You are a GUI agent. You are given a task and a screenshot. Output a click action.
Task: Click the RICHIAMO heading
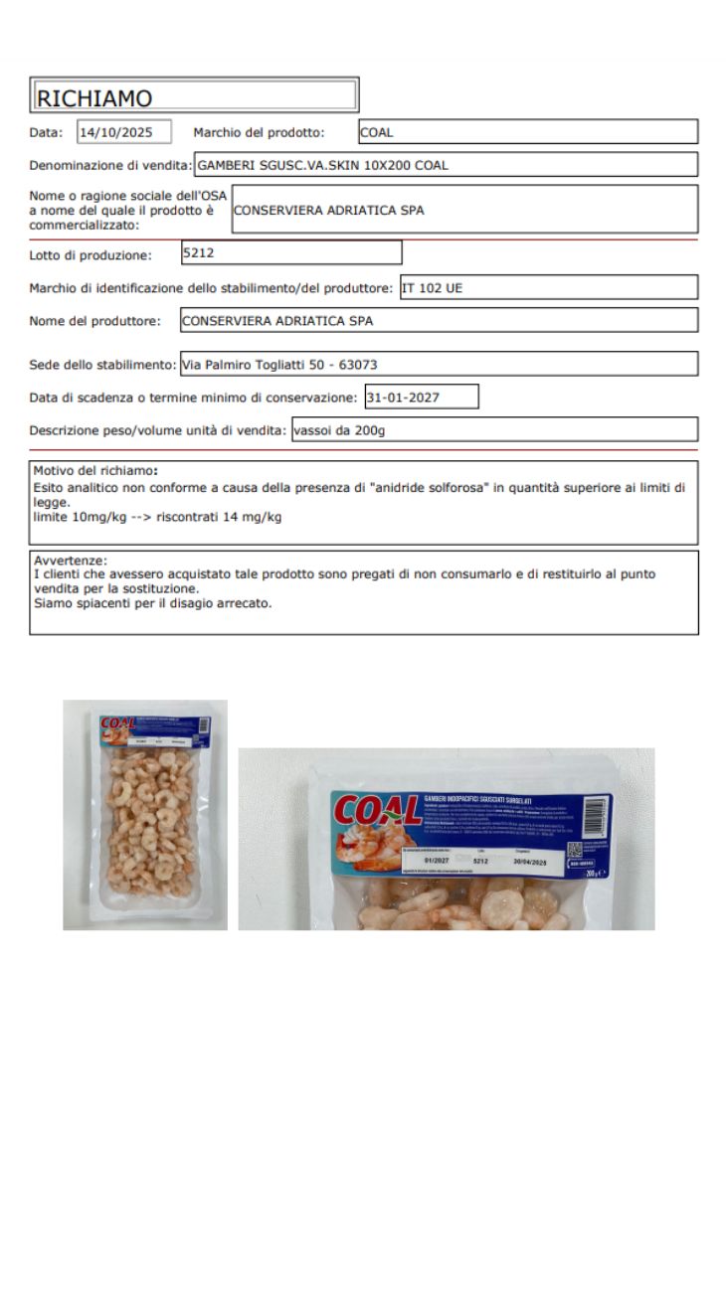94,98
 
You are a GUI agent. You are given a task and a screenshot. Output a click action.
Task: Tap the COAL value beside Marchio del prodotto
378,131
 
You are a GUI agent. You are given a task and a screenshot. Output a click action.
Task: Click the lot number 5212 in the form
199,252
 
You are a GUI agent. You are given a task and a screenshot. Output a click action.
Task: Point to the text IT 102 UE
433,288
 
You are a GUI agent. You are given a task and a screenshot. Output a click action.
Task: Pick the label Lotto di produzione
91,255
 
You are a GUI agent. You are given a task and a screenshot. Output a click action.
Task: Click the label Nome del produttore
94,321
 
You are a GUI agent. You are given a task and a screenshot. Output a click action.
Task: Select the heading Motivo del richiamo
95,470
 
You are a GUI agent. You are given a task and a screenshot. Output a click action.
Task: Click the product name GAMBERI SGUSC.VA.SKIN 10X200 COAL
322,165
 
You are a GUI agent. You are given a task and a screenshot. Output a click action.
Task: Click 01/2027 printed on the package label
436,861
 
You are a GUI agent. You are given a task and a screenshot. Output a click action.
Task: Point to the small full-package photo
145,815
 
